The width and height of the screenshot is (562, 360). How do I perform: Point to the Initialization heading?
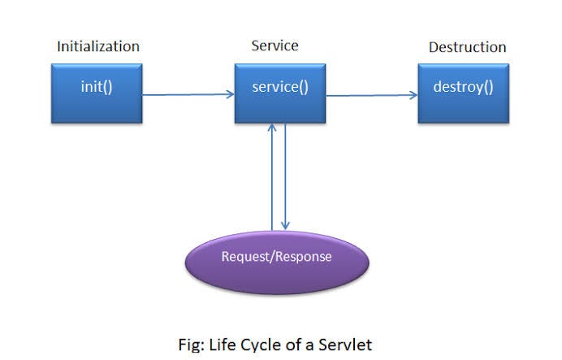pos(97,46)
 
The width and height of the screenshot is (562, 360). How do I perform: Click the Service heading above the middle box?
pos(275,46)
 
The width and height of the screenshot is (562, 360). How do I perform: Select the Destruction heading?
pos(467,47)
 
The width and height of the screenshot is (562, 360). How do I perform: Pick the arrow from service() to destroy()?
pos(372,95)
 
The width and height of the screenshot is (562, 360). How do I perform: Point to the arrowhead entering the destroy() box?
pos(414,95)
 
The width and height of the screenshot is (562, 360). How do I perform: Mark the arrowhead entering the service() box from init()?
pos(231,94)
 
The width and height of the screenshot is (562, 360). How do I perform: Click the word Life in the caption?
pos(227,343)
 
